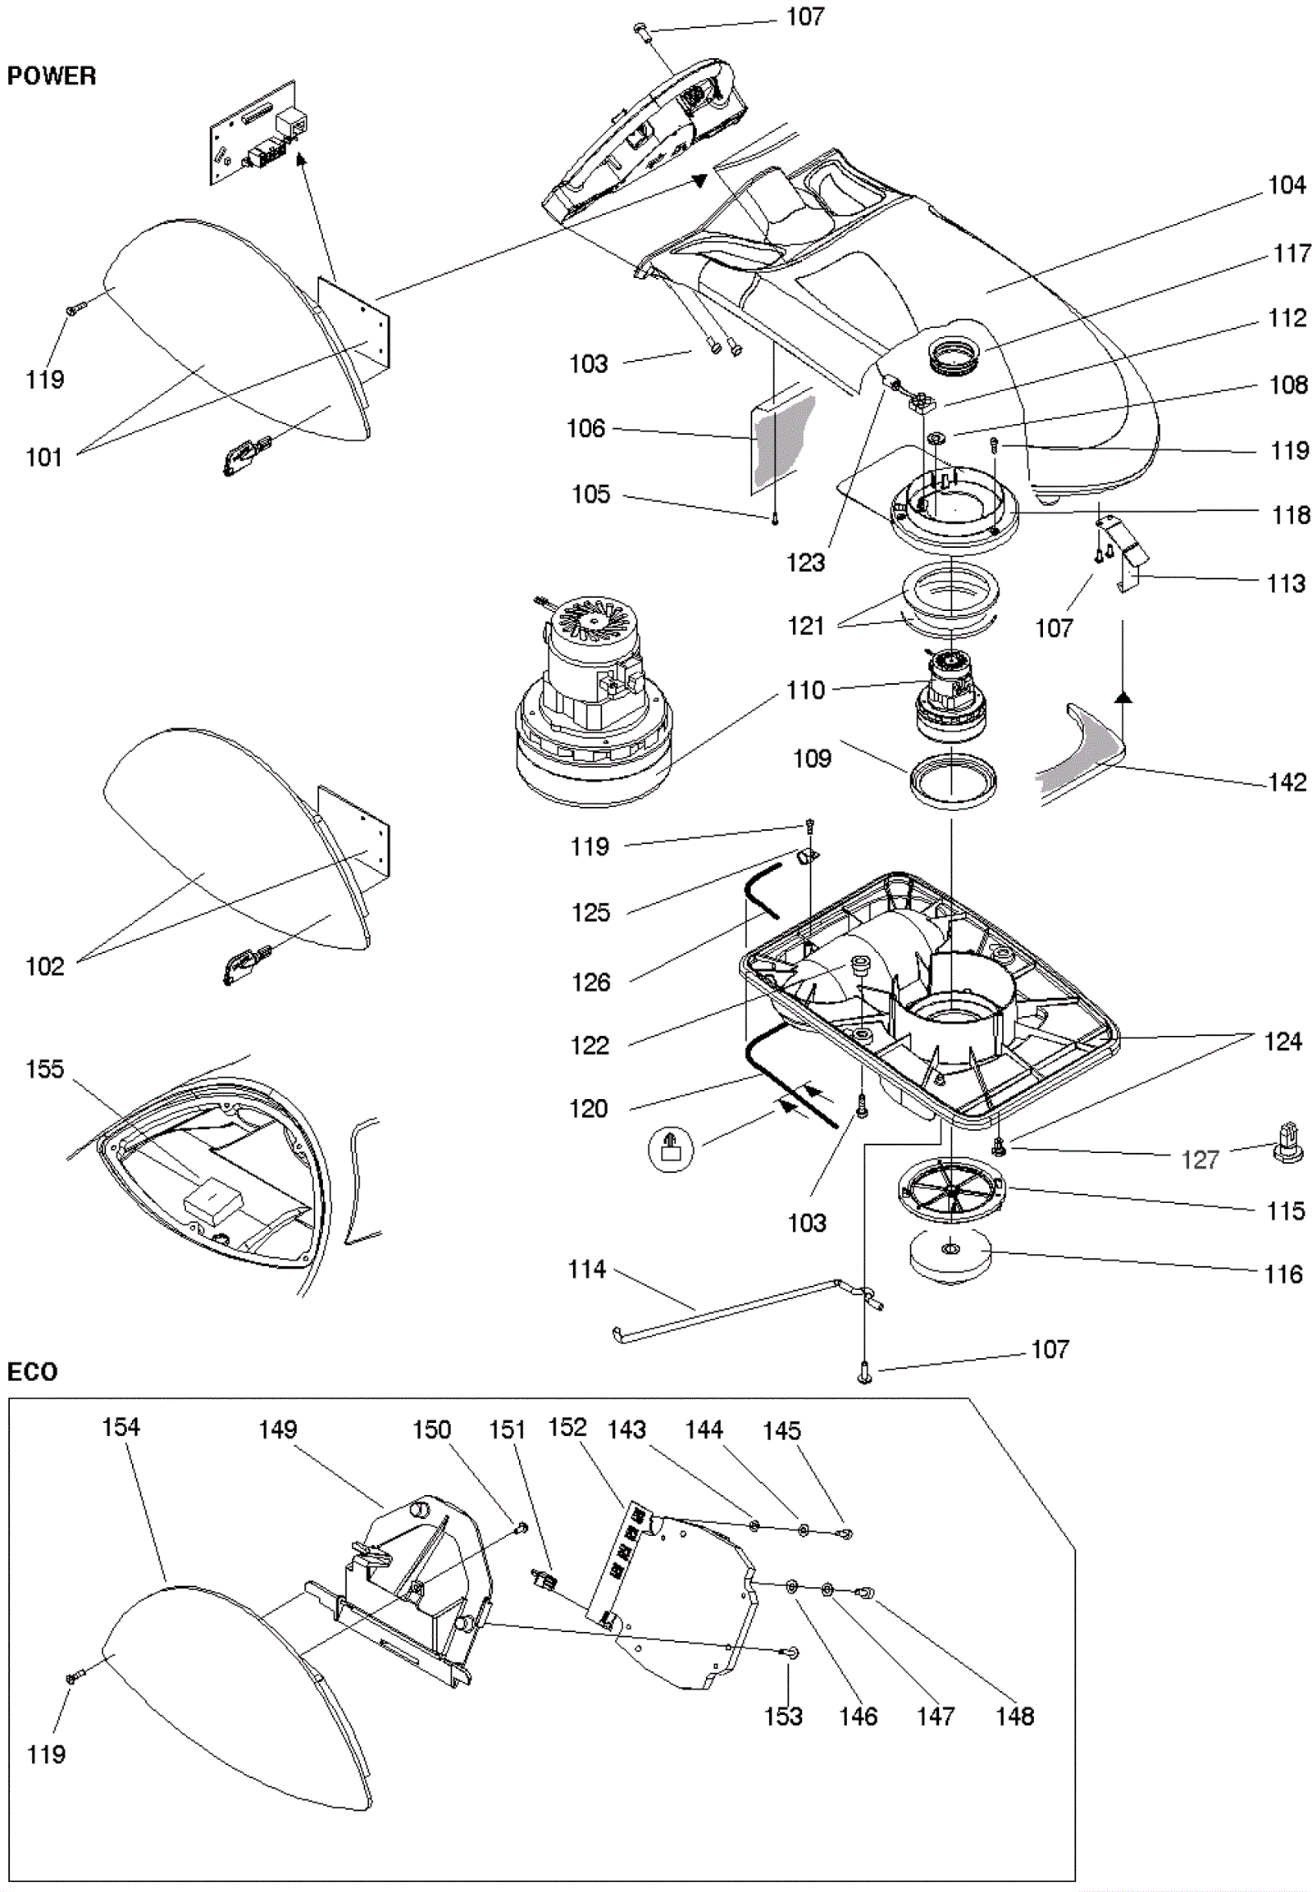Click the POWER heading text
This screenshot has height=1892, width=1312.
[51, 76]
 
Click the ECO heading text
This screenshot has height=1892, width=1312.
[32, 1371]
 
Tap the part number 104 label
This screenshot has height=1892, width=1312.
[1287, 185]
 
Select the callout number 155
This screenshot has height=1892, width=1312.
[44, 1069]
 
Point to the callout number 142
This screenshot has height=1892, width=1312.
[1287, 782]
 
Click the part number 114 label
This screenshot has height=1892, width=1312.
[587, 1270]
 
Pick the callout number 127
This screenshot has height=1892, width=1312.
[1200, 1160]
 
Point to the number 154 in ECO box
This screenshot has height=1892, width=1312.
[121, 1427]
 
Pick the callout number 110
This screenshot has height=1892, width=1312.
[805, 690]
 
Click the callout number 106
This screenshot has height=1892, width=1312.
[585, 428]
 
